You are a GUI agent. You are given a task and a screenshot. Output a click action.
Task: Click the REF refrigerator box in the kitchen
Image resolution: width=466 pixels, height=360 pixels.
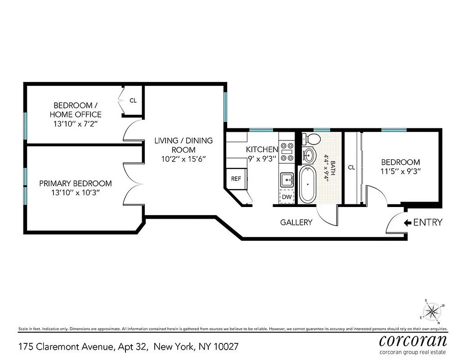[236, 179]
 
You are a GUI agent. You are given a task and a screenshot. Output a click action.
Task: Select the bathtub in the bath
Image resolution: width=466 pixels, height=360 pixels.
[309, 184]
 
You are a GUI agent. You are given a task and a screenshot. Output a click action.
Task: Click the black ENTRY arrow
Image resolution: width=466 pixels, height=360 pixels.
[408, 222]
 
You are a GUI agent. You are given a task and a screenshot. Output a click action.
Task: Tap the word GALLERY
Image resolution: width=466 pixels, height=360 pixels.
[296, 222]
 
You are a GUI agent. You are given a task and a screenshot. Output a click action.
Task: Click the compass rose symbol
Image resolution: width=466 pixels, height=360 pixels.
[433, 311]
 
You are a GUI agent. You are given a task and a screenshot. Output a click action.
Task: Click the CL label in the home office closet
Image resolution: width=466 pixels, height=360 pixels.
[133, 100]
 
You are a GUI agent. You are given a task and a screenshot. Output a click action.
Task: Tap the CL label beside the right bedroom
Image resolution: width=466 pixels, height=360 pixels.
[351, 167]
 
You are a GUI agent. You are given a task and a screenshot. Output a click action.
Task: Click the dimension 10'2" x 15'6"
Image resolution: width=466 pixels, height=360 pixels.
[183, 159]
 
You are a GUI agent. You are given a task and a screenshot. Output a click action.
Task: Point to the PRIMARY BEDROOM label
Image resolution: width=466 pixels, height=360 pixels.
[76, 183]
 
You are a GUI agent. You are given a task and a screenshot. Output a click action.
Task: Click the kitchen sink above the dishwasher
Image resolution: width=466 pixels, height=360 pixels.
[287, 180]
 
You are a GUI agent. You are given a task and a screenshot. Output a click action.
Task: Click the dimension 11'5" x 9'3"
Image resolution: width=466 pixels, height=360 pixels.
[400, 171]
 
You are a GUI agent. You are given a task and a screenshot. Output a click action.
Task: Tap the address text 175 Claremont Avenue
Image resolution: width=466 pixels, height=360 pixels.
[66, 347]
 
